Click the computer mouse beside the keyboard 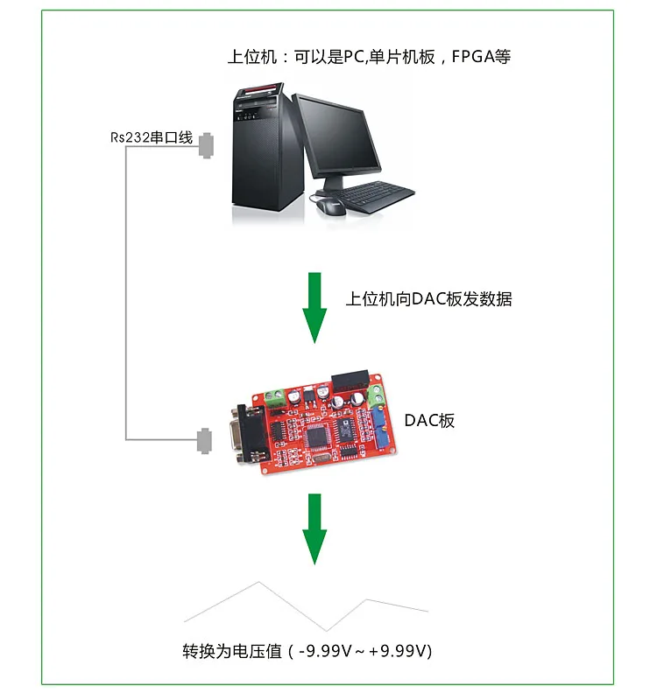tap(331, 205)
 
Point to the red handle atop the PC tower tap(260, 88)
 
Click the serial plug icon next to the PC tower tap(207, 145)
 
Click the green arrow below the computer tap(314, 306)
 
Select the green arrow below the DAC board tap(314, 528)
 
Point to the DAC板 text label tap(429, 420)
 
